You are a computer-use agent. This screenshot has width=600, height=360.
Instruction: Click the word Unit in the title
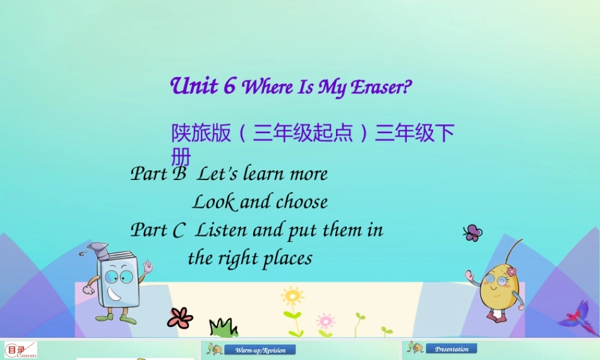[194, 86]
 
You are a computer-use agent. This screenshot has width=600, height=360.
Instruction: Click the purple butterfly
[473, 233]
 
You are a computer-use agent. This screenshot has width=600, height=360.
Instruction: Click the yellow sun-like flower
[292, 296]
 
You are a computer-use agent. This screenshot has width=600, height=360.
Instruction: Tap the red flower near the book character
[179, 317]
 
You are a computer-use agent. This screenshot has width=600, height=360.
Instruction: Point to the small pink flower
[325, 320]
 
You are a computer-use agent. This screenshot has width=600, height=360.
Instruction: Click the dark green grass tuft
[223, 328]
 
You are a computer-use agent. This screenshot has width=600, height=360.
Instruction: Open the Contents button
[21, 350]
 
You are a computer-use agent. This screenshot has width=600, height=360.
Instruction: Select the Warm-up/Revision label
[260, 350]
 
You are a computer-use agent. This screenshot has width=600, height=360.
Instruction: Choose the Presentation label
[451, 349]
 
